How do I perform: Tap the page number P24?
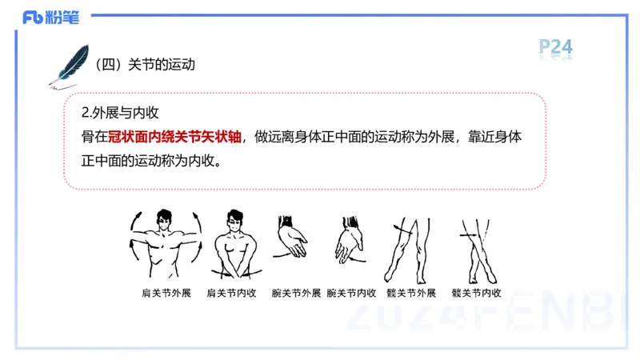555,47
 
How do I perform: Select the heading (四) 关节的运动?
145,65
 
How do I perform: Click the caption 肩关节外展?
166,293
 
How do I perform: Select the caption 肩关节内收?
231,293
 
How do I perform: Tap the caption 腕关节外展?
295,293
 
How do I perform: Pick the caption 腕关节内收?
351,293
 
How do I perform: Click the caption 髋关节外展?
410,293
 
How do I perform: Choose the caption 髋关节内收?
476,293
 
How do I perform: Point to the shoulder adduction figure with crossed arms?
234,244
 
